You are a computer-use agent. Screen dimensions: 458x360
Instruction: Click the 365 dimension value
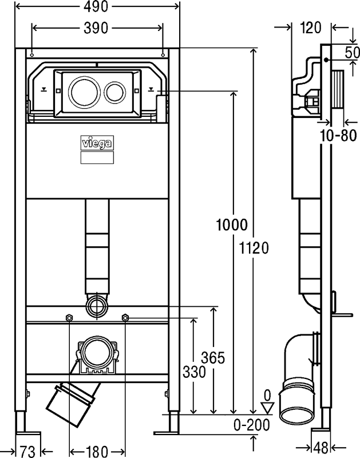click(213, 357)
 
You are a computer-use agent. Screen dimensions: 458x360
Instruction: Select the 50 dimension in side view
click(353, 52)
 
